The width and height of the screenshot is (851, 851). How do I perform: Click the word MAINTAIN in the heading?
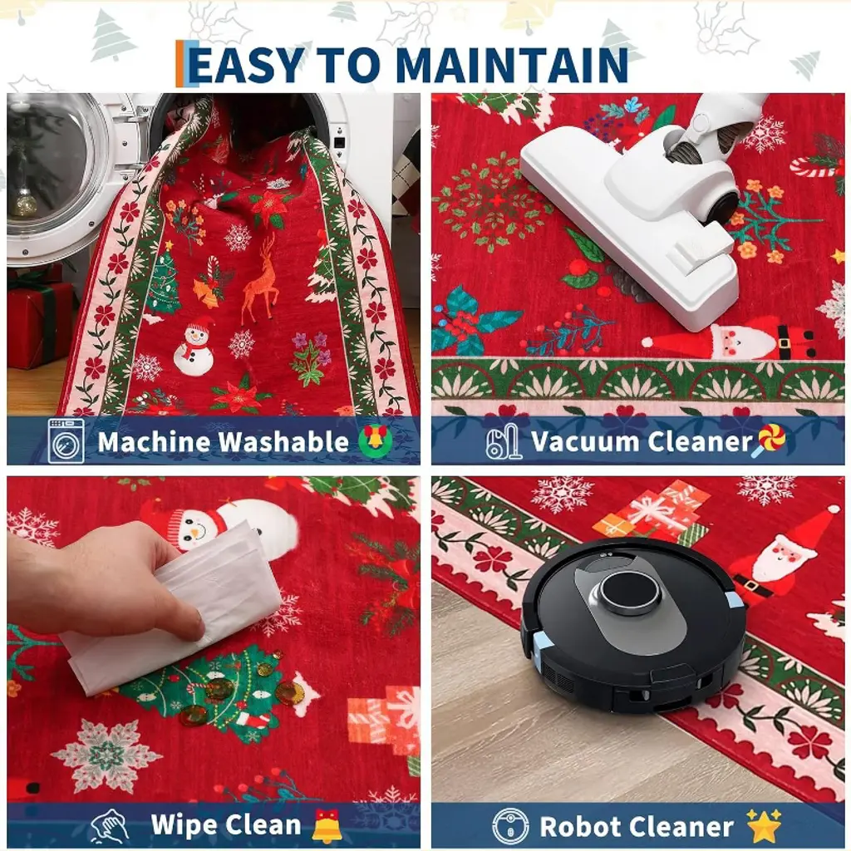pyautogui.click(x=512, y=65)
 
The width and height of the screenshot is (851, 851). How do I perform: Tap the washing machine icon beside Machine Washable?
pyautogui.click(x=66, y=440)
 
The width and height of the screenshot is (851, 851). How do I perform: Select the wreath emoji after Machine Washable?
pyautogui.click(x=376, y=440)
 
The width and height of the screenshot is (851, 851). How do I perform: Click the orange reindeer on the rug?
pyautogui.click(x=261, y=281)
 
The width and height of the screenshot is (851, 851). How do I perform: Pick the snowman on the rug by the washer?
pyautogui.click(x=194, y=349)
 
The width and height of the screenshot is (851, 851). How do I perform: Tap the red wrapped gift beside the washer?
pyautogui.click(x=38, y=325)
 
